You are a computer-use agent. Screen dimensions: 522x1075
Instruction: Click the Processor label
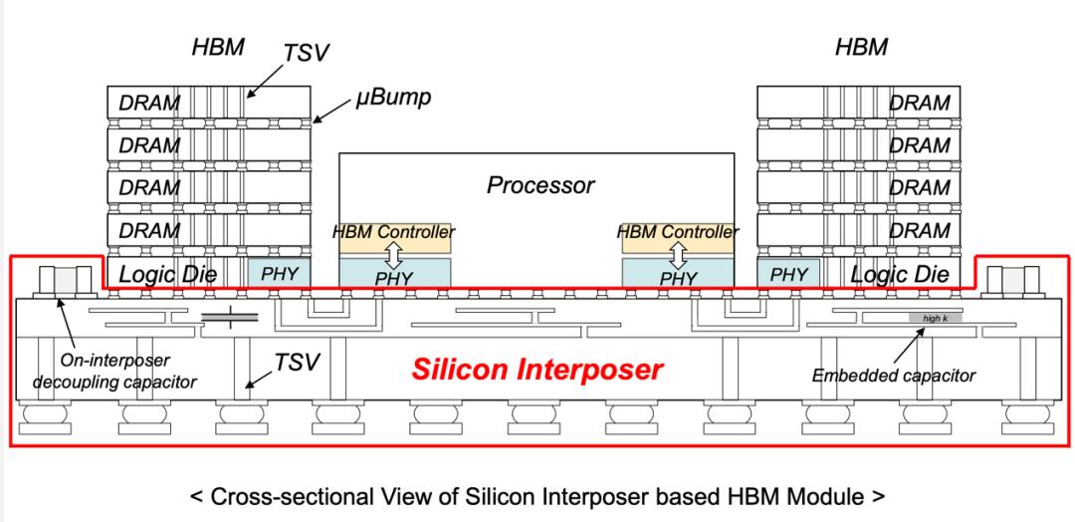tap(540, 185)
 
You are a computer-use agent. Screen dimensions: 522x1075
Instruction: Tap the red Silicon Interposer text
tap(537, 370)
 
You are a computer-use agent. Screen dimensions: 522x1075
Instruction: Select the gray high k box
tap(933, 318)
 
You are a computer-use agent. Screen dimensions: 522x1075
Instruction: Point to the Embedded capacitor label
tap(894, 376)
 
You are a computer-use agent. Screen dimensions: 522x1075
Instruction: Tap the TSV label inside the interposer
tap(297, 363)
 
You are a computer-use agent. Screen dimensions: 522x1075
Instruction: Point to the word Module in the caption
tap(823, 495)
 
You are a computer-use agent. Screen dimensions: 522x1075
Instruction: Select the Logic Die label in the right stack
tap(904, 274)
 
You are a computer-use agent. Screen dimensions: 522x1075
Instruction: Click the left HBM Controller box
tap(395, 234)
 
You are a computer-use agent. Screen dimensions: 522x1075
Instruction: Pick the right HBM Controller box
tap(680, 234)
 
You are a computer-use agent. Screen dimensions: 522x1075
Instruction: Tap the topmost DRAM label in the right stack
tap(920, 103)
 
